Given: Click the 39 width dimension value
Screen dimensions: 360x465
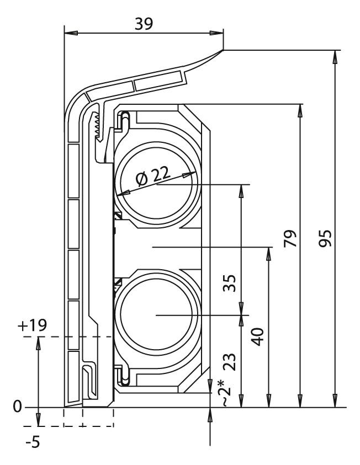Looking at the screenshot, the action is (144, 24).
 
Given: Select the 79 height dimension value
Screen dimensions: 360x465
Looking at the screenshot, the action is (290, 238).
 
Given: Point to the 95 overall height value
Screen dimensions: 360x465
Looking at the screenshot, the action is (325, 238).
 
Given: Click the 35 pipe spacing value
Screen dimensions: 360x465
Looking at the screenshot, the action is (230, 283).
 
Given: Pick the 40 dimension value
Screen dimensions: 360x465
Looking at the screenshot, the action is (258, 336).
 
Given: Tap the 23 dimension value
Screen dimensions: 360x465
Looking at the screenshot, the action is (230, 362).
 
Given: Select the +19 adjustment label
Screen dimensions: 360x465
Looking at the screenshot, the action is (33, 325).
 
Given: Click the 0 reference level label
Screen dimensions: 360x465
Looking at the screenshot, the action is (18, 407).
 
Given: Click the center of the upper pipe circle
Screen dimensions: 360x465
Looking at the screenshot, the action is (156, 184).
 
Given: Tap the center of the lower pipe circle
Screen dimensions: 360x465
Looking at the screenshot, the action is (156, 315).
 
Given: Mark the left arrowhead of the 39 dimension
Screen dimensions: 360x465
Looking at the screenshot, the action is (71, 33).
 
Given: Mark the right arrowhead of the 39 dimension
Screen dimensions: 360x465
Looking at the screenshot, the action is (216, 33).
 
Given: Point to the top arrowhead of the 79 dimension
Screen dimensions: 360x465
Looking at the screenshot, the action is (300, 111).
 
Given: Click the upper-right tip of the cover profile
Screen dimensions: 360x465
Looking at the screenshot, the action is (223, 50).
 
